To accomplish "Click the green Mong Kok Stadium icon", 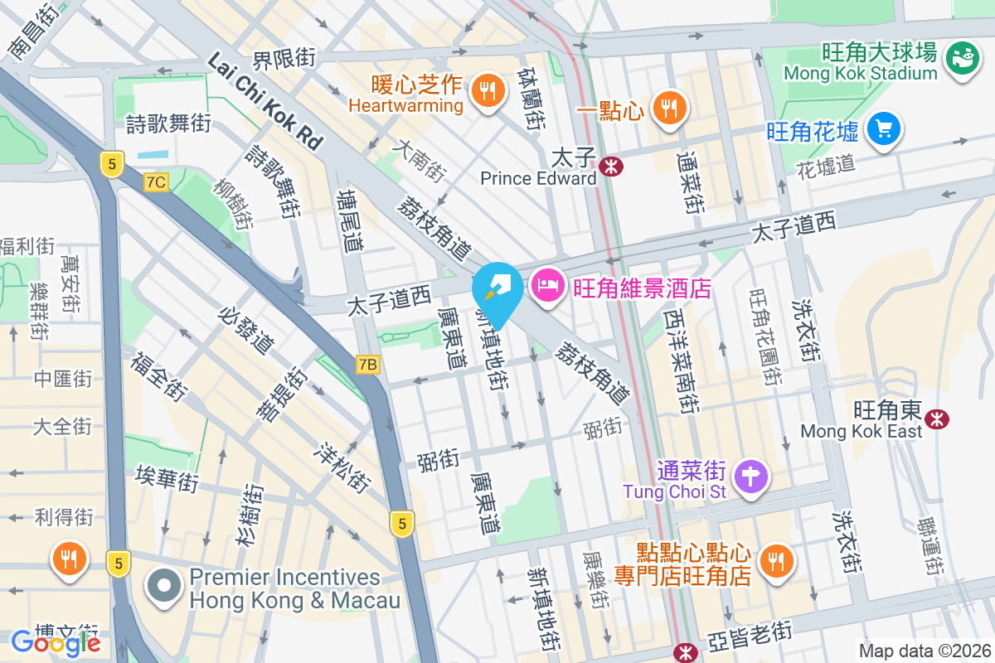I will pyautogui.click(x=962, y=57).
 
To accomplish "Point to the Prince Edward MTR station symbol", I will pyautogui.click(x=612, y=167).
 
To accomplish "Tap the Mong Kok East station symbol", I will pyautogui.click(x=938, y=419).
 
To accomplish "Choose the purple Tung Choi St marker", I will pyautogui.click(x=752, y=477).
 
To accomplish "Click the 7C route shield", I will pyautogui.click(x=155, y=181).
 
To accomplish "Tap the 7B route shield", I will pyautogui.click(x=368, y=364).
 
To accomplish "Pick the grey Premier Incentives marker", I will pyautogui.click(x=164, y=587).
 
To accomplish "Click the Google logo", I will pyautogui.click(x=56, y=641).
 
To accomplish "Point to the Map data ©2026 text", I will pyautogui.click(x=923, y=651).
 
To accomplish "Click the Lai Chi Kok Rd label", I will pyautogui.click(x=265, y=100).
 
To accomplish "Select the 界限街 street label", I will pyautogui.click(x=284, y=59).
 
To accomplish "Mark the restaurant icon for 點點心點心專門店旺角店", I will pyautogui.click(x=777, y=561).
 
